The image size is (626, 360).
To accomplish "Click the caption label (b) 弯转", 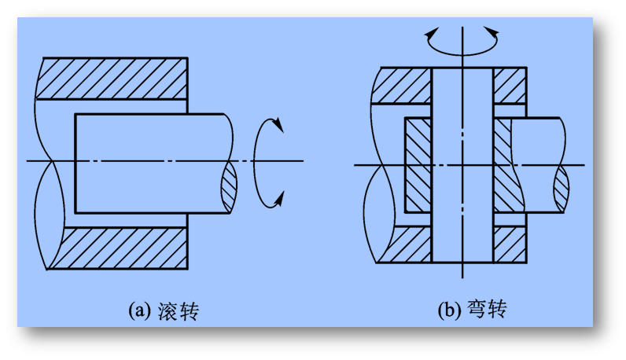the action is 471,310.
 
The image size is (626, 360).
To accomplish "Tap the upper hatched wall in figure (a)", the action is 114,79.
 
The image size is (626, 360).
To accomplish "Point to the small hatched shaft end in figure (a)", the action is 228,189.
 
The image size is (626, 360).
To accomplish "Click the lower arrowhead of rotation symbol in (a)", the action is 277,203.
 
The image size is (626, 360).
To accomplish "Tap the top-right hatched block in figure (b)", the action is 509,85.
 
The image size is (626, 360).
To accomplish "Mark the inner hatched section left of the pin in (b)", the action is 418,165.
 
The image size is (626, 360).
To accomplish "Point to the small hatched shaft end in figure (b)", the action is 562,187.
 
